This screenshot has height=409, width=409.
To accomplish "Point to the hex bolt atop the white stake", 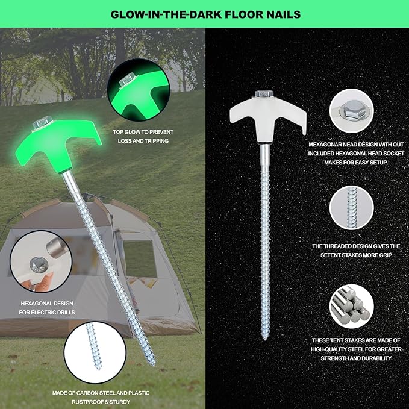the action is [x=264, y=94].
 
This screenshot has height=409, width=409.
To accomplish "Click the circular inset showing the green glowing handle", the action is [x=139, y=90].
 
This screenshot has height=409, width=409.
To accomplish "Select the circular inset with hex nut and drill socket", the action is [x=41, y=261].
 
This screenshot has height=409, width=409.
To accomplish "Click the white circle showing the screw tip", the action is [x=95, y=352].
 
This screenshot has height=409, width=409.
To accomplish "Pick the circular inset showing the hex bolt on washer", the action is [x=351, y=111].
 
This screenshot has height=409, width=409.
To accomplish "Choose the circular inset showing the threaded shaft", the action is [x=351, y=208].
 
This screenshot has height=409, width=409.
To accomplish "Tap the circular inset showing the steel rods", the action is [x=351, y=306].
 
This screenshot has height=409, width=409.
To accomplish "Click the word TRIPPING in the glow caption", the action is [x=157, y=141].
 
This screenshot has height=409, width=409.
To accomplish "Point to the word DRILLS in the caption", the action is [x=64, y=312].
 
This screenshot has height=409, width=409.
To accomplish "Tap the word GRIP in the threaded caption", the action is [x=386, y=255].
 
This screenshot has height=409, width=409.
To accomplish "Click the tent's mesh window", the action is [x=140, y=258].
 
